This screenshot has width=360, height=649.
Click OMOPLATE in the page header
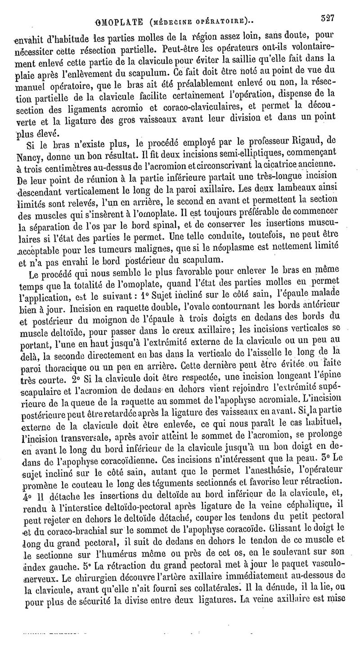pos(117,21)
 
